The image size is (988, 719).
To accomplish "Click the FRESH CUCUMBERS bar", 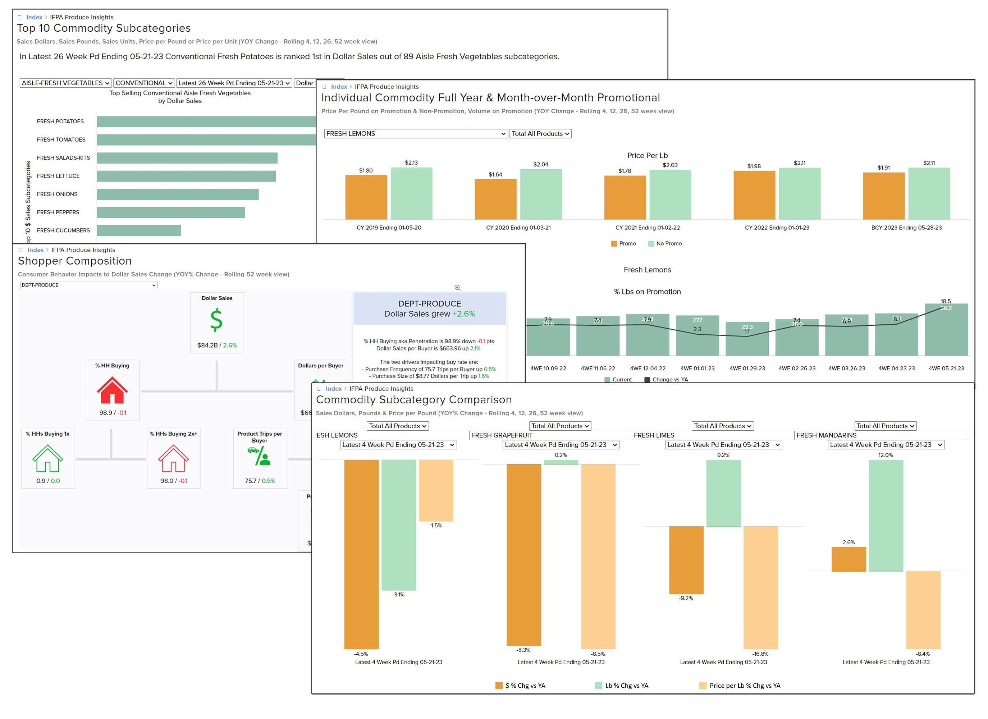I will pos(138,230).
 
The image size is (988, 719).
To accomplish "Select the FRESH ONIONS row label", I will pos(57,194).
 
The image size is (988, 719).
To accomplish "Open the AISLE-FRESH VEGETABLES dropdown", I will pos(65,83).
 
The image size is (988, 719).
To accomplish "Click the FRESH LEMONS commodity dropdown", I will pos(416,134).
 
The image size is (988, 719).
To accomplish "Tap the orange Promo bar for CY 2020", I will pos(495,199).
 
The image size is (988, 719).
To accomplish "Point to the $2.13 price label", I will pos(411,163).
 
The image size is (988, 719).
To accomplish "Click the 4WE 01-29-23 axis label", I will pos(747,368).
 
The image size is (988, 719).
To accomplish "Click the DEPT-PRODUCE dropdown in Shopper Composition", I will pos(88,285).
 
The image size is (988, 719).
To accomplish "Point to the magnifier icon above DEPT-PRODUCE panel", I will pos(457,288).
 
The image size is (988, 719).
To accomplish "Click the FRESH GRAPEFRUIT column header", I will pos(502,435).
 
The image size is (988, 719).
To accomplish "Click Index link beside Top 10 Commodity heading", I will pos(34,17).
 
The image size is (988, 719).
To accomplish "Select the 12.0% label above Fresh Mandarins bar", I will pos(885,455).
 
